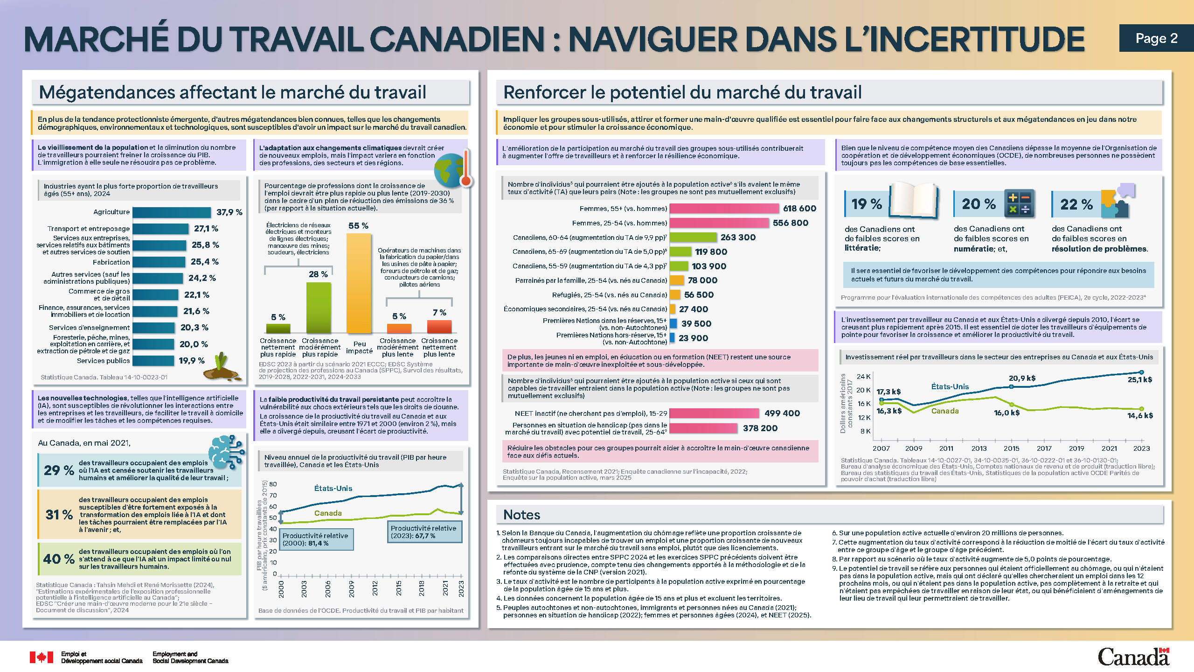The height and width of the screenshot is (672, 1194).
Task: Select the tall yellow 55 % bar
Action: click(x=358, y=283)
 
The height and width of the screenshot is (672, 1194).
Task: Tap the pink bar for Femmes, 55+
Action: click(x=724, y=209)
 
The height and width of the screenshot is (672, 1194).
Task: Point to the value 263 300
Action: click(x=738, y=238)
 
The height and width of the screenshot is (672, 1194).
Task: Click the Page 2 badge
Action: click(x=1156, y=38)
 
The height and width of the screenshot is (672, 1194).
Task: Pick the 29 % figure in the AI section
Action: click(x=59, y=470)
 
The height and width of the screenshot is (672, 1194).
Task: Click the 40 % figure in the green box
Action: click(x=59, y=559)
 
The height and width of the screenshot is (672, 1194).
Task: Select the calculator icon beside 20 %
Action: click(x=1019, y=203)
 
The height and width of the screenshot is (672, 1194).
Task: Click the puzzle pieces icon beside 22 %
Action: click(x=1118, y=202)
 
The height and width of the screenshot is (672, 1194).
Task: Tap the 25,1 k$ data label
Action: click(x=1139, y=380)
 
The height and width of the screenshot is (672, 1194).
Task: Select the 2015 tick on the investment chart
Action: click(x=1011, y=448)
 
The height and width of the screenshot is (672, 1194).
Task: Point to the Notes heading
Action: click(x=521, y=515)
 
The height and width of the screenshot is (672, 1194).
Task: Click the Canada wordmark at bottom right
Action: click(x=1133, y=657)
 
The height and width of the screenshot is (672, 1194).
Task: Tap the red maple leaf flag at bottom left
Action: click(x=42, y=658)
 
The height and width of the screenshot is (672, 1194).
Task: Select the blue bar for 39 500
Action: click(x=673, y=323)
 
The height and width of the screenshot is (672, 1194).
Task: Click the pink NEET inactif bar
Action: click(x=714, y=413)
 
